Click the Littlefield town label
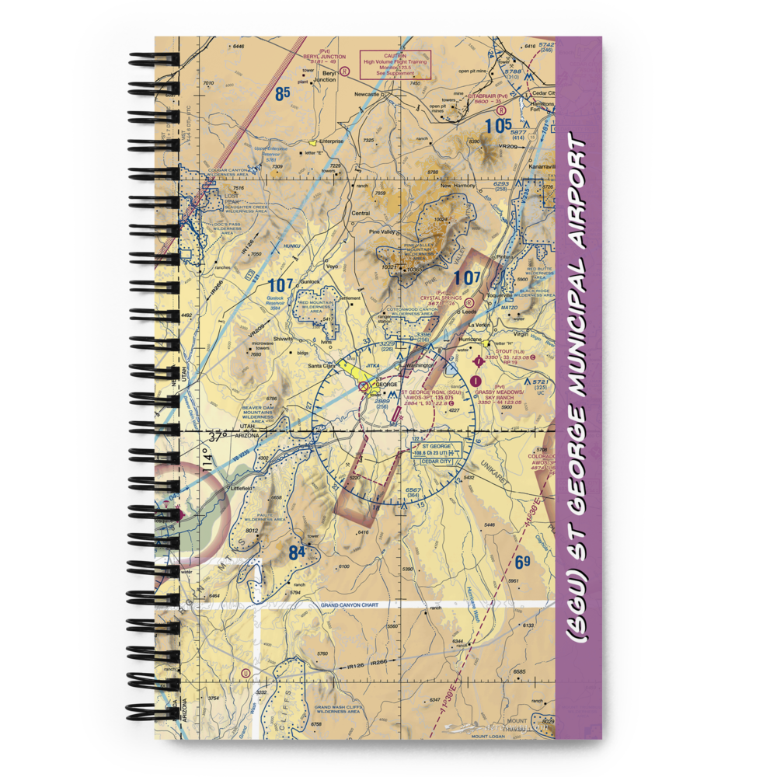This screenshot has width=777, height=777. click(242, 488)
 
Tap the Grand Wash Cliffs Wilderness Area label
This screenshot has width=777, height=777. click(337, 709)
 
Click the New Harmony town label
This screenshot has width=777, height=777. click(457, 186)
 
